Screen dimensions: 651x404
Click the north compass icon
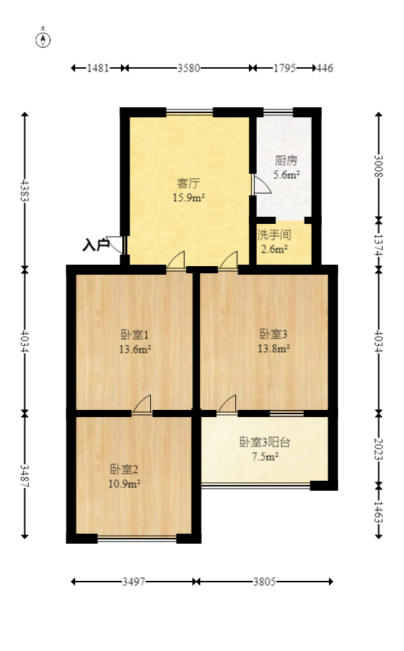(44, 39)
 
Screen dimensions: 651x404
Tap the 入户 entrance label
(95, 245)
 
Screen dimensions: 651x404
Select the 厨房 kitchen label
(286, 161)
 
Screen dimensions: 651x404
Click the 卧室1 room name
(134, 334)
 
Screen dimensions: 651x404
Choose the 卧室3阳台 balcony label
(265, 442)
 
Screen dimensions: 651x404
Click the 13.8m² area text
(274, 349)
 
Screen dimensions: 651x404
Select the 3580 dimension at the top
(188, 69)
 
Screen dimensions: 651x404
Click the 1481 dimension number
(98, 69)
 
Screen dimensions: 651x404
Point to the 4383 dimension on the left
(25, 190)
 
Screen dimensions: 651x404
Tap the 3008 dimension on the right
(379, 166)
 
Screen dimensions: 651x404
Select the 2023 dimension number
(379, 449)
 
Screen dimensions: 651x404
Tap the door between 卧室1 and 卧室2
(142, 405)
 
